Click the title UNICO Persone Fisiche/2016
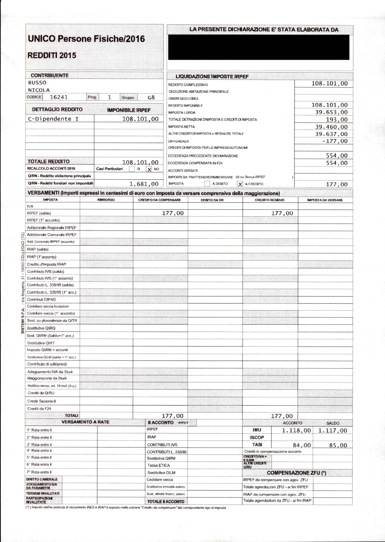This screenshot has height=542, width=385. click(86, 39)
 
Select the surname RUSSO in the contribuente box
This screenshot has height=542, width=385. click(37, 83)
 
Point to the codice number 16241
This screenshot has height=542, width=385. click(59, 98)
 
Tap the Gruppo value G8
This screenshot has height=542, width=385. click(151, 98)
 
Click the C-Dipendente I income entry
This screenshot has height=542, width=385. click(53, 119)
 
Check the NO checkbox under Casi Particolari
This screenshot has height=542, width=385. click(149, 169)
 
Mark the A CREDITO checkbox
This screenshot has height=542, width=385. click(240, 184)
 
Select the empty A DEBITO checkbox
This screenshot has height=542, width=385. click(207, 184)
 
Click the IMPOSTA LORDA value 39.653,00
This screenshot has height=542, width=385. click(331, 112)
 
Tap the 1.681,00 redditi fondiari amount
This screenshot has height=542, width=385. click(144, 184)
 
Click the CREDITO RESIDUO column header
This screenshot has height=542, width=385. click(269, 200)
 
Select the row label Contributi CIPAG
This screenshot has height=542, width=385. click(41, 300)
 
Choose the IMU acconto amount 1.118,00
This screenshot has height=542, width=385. click(296, 431)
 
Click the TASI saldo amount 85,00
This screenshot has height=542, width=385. click(338, 445)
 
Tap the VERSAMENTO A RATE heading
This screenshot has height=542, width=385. click(85, 422)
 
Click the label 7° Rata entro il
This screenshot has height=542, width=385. click(39, 472)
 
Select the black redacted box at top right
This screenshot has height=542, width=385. click(259, 47)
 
